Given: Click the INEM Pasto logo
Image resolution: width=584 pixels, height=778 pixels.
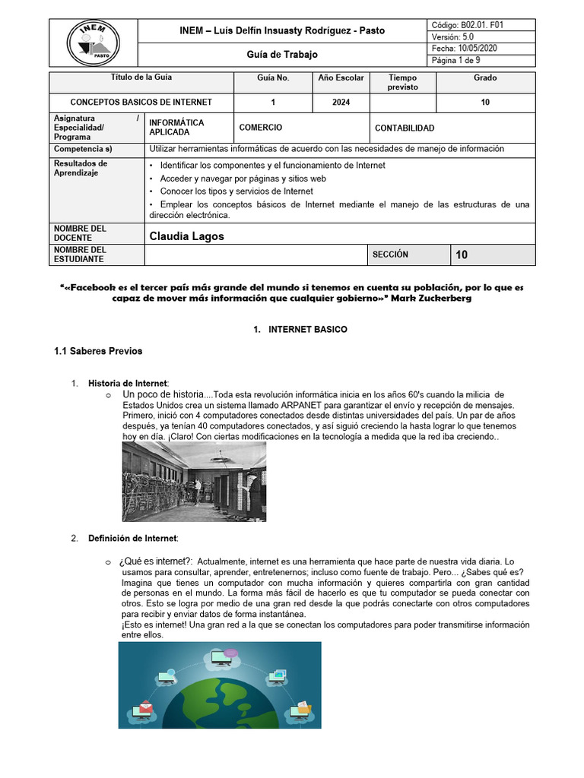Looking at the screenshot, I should (93, 43).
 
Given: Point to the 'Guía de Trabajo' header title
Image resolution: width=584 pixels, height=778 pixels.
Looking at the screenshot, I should (283, 55).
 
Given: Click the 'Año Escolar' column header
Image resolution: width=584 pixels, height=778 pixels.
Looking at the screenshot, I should (341, 77).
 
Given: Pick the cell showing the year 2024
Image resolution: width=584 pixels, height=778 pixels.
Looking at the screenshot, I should (341, 103).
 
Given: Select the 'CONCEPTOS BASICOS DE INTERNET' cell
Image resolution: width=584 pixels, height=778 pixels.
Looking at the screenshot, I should (141, 103).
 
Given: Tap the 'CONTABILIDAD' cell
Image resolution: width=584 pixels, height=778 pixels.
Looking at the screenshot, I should (405, 128).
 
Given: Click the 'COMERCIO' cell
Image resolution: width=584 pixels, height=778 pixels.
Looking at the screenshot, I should (261, 128).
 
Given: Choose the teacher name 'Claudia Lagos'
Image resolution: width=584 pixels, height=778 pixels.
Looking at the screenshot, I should (187, 236).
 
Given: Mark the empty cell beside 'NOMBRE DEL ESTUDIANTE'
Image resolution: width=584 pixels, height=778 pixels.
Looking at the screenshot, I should (255, 255).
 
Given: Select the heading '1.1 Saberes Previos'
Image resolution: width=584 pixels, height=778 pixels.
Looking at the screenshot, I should (98, 351).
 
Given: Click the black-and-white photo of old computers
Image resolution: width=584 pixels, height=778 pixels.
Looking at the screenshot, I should (194, 482).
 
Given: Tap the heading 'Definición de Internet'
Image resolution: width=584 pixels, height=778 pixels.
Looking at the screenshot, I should (133, 539).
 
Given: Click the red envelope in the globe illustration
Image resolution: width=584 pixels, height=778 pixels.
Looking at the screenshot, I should (143, 711).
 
